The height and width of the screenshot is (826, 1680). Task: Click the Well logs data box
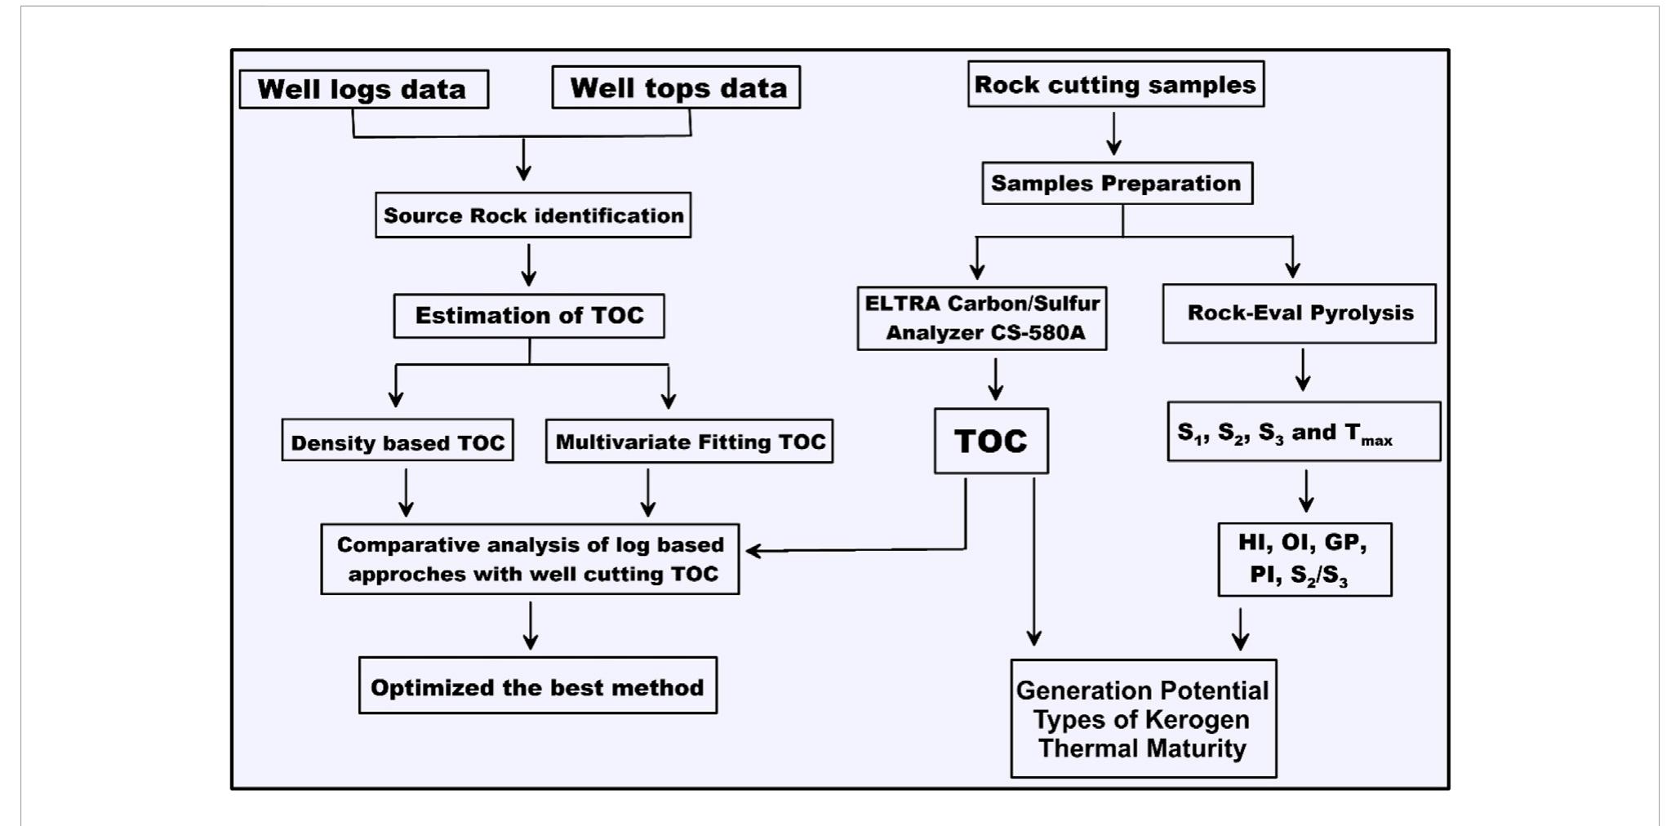[x=363, y=89]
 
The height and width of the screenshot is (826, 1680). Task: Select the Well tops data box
[x=676, y=87]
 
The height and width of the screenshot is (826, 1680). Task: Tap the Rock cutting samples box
[x=1115, y=84]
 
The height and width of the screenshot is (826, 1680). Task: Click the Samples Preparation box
[x=1116, y=183]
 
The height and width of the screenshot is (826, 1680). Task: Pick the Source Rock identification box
[x=532, y=215]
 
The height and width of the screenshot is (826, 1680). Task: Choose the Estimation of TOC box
[x=528, y=316]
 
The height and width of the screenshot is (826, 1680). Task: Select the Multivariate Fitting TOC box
[x=689, y=442]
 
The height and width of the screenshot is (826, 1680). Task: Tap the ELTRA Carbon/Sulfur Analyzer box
[x=981, y=318]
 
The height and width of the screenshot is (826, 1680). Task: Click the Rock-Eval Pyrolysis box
[x=1299, y=313]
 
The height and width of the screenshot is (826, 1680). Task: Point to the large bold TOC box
[x=990, y=441]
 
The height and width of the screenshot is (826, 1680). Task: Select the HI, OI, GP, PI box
[x=1304, y=560]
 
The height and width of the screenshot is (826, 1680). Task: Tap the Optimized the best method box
[x=537, y=686]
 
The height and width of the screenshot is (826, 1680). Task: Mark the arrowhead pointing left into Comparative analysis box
[x=753, y=552]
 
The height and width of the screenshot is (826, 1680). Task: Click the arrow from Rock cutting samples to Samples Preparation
[x=1113, y=135]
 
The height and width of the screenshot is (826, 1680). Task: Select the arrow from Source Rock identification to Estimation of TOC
[x=529, y=264]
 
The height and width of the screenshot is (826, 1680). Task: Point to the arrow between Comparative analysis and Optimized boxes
[x=531, y=625]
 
